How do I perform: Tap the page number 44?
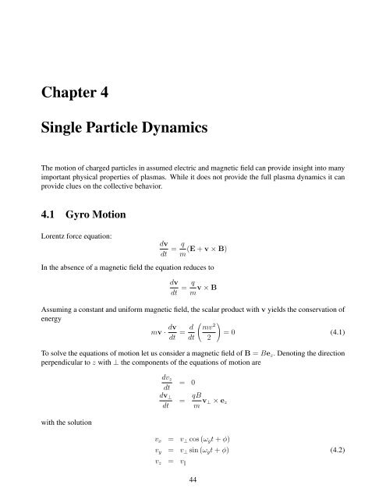coord(193,482)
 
